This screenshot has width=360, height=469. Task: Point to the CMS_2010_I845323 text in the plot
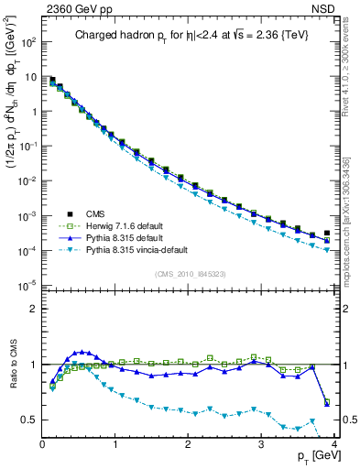tap(190, 272)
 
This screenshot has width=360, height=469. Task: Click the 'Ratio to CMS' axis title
tap(11, 369)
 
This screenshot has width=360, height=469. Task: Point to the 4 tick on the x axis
tap(335, 444)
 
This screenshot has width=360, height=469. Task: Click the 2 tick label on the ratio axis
tap(35, 309)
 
